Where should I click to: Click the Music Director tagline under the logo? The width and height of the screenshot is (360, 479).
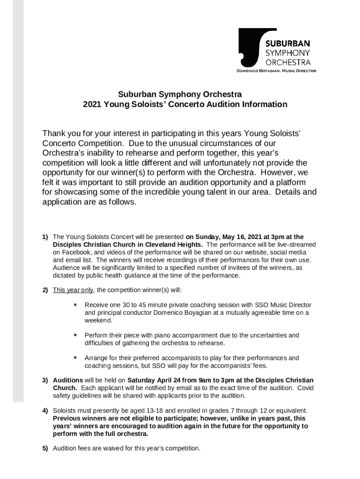click(276, 71)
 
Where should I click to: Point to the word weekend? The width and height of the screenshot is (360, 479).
click(98, 320)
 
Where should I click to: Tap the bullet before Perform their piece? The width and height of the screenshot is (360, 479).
click(75, 335)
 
